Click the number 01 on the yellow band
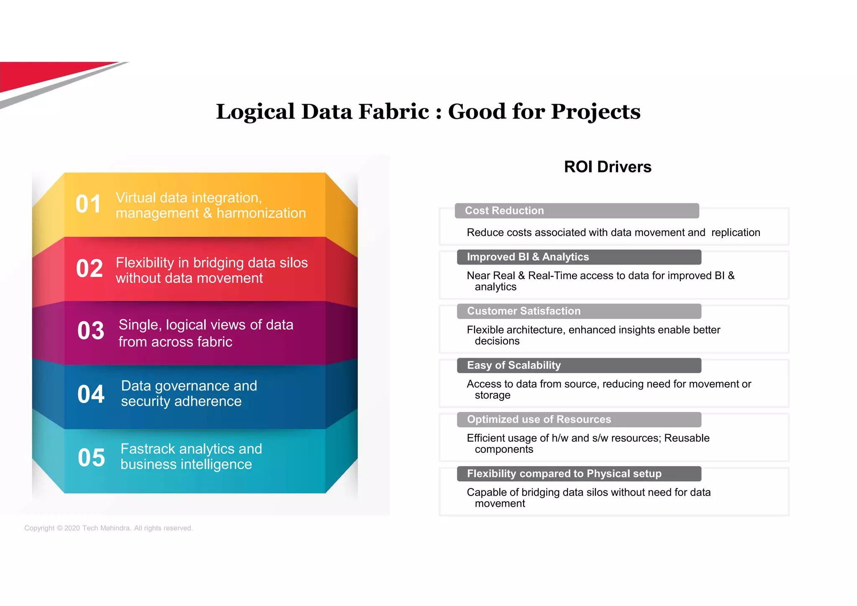pyautogui.click(x=88, y=204)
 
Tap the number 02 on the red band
pyautogui.click(x=89, y=269)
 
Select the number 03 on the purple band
pyautogui.click(x=90, y=331)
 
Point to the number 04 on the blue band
pyautogui.click(x=91, y=394)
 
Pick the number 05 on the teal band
pyautogui.click(x=91, y=457)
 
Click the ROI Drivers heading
pyautogui.click(x=607, y=167)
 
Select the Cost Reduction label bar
pyautogui.click(x=576, y=211)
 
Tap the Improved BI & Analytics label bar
pyautogui.click(x=579, y=257)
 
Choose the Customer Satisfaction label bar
pyautogui.click(x=579, y=311)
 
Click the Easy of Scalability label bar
pyautogui.click(x=579, y=365)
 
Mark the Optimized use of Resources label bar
pyautogui.click(x=579, y=419)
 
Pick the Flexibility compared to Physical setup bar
pyautogui.click(x=579, y=474)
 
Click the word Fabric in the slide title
pyautogui.click(x=394, y=112)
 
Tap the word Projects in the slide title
pyautogui.click(x=595, y=112)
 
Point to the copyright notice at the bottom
pyautogui.click(x=108, y=528)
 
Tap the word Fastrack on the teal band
pyautogui.click(x=148, y=449)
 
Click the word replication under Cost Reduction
pyautogui.click(x=736, y=233)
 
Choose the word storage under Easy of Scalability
pyautogui.click(x=493, y=395)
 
